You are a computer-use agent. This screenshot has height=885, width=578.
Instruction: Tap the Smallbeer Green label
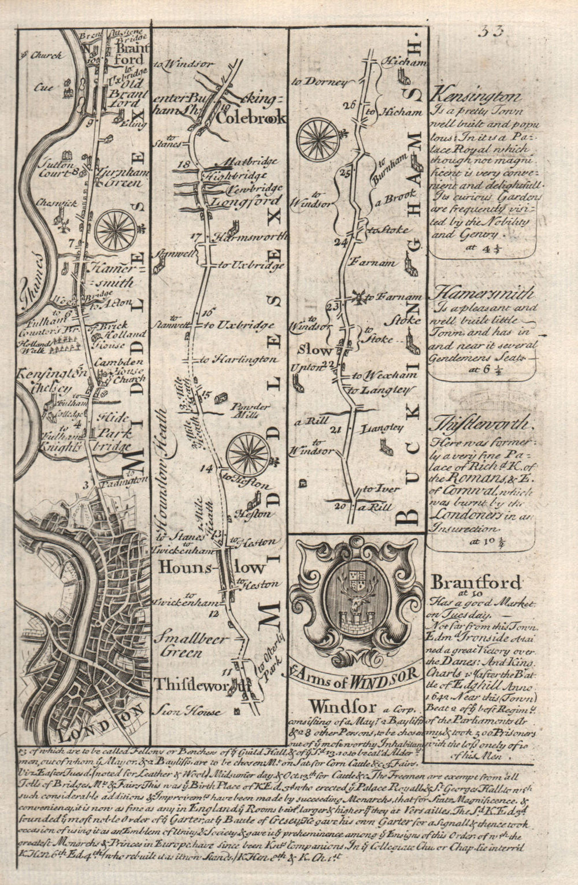(x=180, y=645)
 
